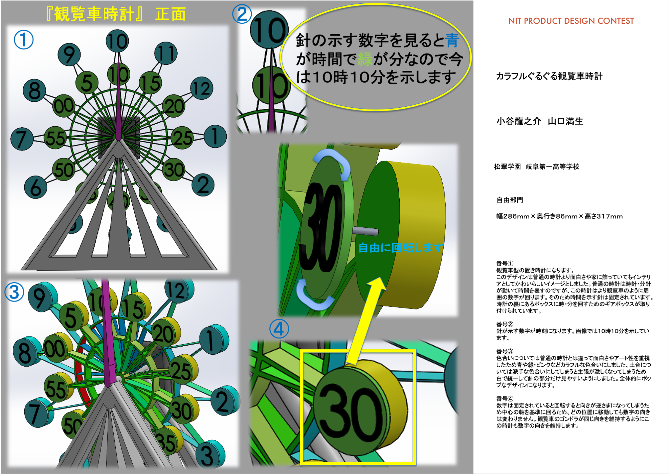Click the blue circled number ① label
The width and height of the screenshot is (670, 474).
point(24,40)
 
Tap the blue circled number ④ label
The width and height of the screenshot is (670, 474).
point(279,329)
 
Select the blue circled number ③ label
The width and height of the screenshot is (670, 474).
point(14,292)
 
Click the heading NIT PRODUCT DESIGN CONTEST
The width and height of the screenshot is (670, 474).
point(571,21)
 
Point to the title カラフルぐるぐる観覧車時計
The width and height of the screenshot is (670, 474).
point(549,76)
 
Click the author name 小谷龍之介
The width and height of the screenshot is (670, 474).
point(518,121)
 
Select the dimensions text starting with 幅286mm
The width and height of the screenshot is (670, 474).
point(559,216)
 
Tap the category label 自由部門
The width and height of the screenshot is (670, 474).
point(510,200)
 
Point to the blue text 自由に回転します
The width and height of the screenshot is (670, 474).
point(401,248)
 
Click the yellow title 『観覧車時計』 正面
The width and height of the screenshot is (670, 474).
point(115,14)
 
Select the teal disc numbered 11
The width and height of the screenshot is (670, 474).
point(166,54)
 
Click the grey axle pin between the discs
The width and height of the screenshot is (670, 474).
point(365,231)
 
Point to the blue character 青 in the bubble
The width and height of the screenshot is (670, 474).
point(452,40)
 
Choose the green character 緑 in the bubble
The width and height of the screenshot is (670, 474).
point(365,59)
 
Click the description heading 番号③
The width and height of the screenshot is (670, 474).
point(505,351)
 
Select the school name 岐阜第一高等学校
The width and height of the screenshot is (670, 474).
point(552,166)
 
